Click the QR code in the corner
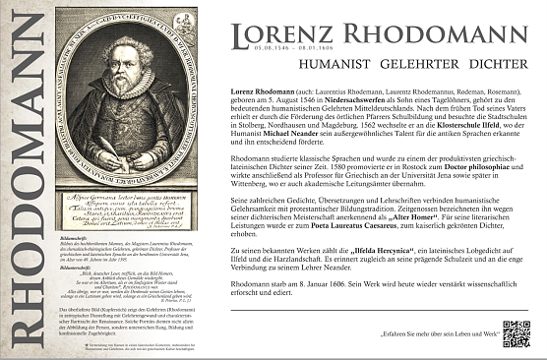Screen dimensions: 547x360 click(516, 334)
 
